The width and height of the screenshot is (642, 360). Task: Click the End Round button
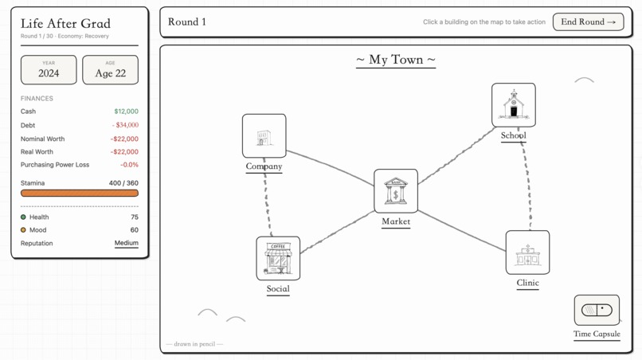[x=588, y=22]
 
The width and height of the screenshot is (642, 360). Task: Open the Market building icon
[x=396, y=191]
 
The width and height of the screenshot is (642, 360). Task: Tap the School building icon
[x=513, y=105]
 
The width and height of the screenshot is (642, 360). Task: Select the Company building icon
[x=264, y=136]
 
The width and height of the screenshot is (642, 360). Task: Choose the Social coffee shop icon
[x=278, y=258]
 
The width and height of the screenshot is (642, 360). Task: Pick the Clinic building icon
[x=527, y=252]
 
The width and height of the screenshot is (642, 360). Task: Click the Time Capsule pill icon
[x=597, y=310]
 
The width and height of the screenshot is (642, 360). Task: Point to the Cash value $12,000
[x=126, y=112]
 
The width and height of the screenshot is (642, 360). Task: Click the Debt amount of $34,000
[x=125, y=125]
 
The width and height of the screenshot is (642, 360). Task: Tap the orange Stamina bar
[x=80, y=193]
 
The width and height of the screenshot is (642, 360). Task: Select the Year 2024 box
[x=49, y=70]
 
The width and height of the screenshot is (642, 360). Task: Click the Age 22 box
[x=110, y=70]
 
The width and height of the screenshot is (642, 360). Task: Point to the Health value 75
[x=134, y=217]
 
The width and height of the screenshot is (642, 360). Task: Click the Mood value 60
[x=134, y=230]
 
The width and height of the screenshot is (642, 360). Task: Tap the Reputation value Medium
[x=126, y=243]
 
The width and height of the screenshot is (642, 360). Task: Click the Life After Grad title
[x=65, y=24]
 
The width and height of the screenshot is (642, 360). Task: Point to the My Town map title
[x=396, y=60]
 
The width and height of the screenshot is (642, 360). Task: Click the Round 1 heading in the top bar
[x=187, y=22]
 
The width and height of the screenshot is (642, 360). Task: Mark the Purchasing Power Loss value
[x=129, y=165]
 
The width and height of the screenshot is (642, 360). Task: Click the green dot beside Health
[x=23, y=217]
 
